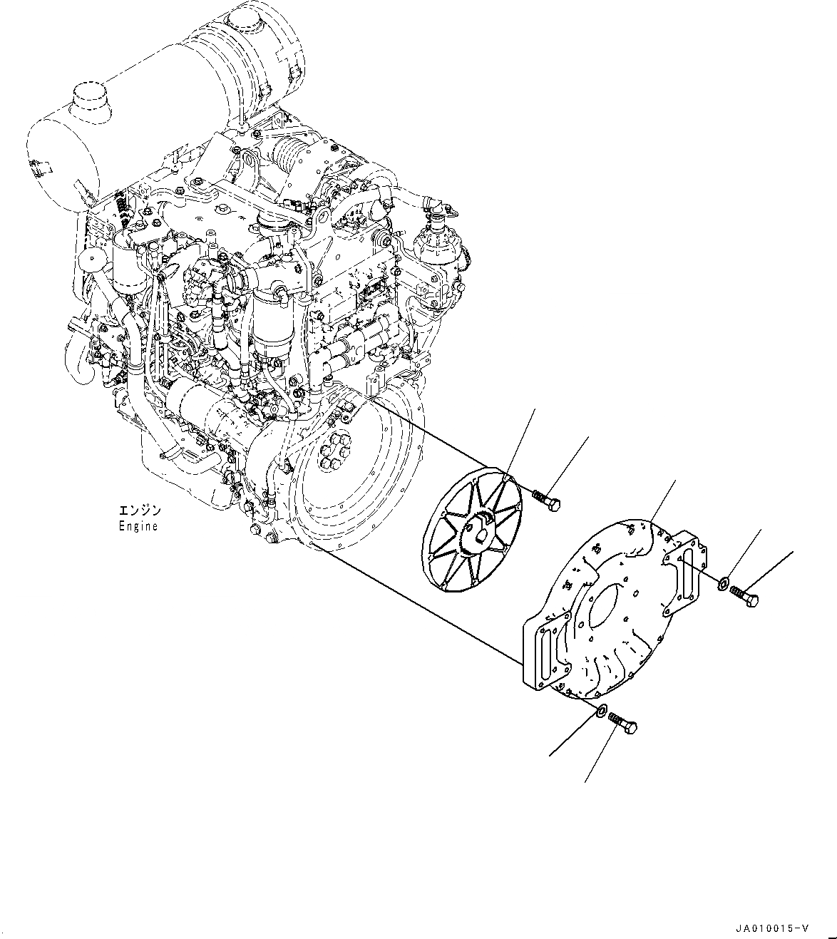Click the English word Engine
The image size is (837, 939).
(x=138, y=527)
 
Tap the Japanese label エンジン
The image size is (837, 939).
(x=140, y=511)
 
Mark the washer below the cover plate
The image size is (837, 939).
(x=601, y=710)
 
